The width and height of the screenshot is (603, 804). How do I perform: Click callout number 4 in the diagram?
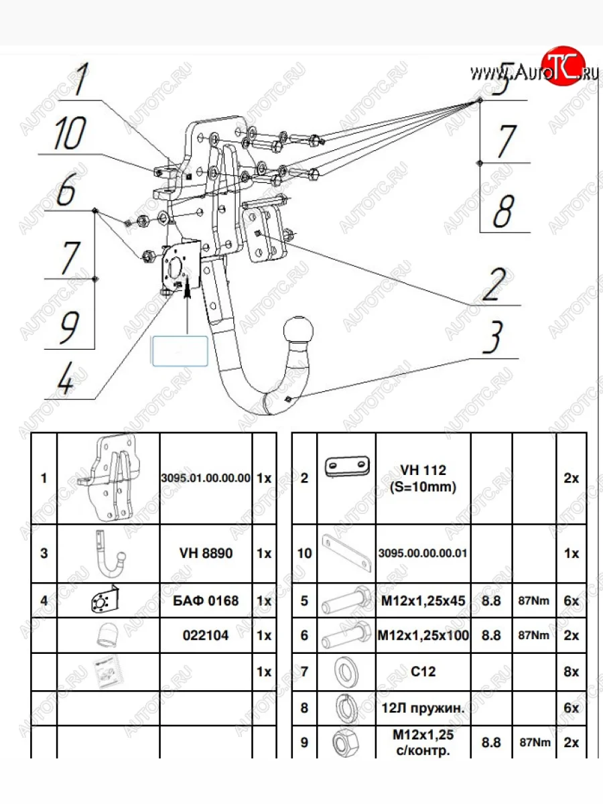pos(65,381)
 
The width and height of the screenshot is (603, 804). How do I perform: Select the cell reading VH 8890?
pos(206,554)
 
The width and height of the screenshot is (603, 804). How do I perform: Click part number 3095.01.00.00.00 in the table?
pos(206,479)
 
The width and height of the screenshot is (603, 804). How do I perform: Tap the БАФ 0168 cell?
pos(206,600)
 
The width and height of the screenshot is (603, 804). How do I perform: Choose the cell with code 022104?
pos(206,635)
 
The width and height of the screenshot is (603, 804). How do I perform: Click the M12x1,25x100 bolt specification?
pos(423,635)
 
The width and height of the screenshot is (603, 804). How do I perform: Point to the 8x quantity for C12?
pos(571,671)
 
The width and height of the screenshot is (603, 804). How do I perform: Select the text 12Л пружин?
pos(423,707)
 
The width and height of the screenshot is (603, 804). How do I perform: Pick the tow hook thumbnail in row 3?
pos(109,553)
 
